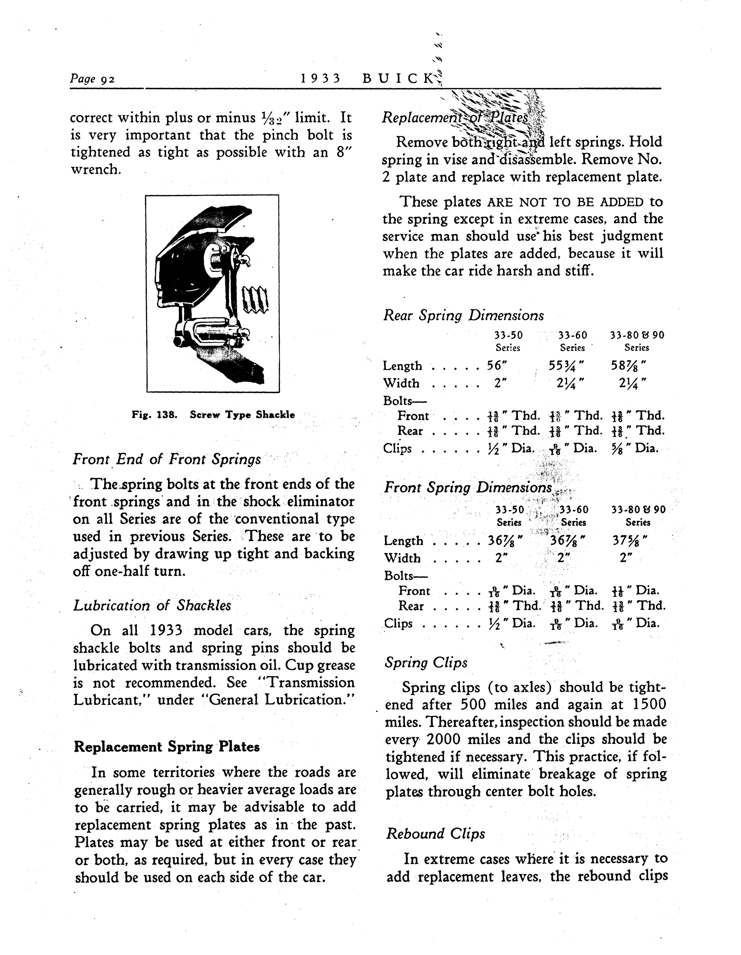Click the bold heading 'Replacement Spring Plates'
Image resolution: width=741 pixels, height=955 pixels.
pos(166,746)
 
